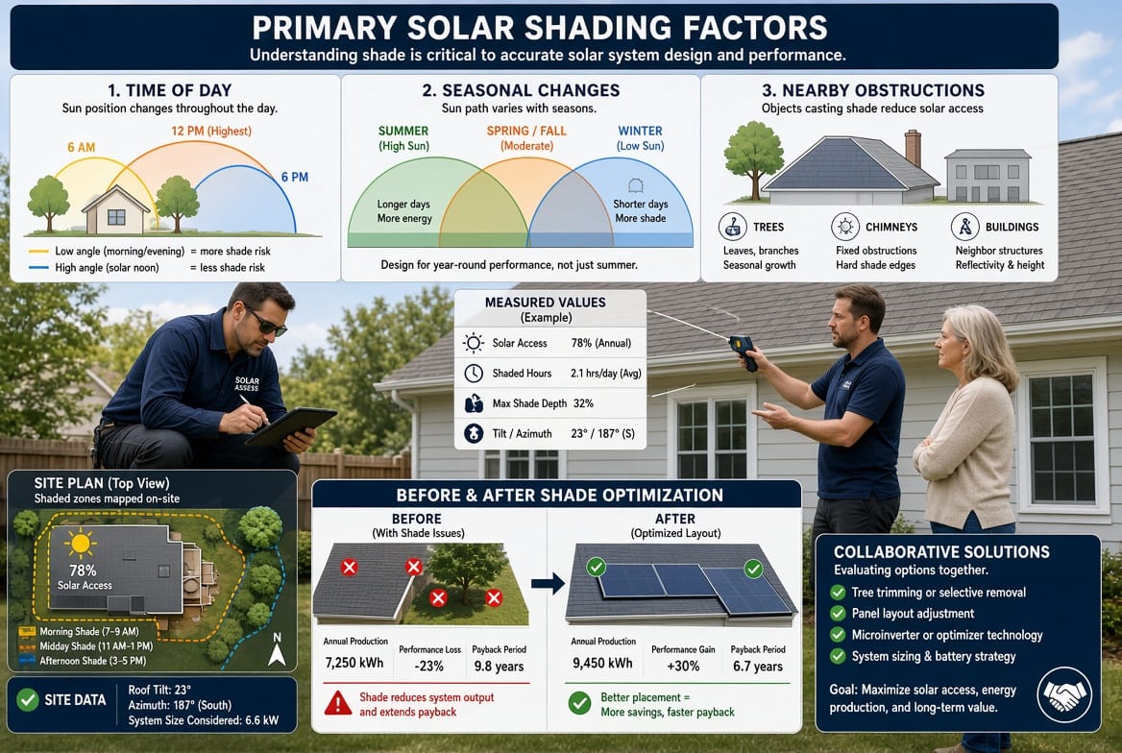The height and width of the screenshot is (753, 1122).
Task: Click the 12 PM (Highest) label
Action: tap(211, 131)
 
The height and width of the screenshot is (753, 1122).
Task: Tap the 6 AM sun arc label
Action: tap(82, 148)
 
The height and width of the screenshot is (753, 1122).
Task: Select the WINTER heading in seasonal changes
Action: tap(641, 131)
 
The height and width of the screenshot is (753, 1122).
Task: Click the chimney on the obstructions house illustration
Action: tap(913, 148)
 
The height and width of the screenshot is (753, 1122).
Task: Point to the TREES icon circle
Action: tap(732, 227)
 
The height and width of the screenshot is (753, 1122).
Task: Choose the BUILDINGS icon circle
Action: tap(965, 227)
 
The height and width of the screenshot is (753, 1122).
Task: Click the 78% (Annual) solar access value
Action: tap(601, 343)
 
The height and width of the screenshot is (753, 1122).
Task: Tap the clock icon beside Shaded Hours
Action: tap(473, 373)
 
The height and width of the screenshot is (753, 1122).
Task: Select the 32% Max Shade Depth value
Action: tap(583, 403)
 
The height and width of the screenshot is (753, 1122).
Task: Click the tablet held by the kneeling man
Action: tap(290, 425)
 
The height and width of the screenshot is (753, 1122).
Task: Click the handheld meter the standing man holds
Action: tap(744, 352)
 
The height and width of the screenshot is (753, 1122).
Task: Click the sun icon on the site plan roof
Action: tap(80, 544)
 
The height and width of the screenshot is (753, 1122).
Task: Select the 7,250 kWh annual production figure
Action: tap(354, 663)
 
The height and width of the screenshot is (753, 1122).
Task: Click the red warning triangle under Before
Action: tap(338, 703)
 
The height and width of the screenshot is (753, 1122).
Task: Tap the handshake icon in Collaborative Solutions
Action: tap(1064, 694)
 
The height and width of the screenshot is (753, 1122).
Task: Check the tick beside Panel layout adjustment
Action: tap(838, 614)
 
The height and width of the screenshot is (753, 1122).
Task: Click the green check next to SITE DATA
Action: tap(27, 699)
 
